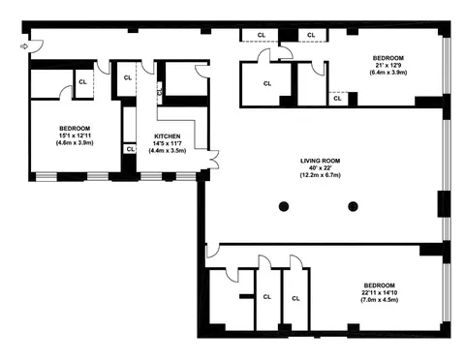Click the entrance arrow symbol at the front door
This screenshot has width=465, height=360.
(23, 46)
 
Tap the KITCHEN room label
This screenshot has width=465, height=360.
(168, 136)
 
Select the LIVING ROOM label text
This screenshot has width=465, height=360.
(321, 161)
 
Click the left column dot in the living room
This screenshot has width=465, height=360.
(284, 206)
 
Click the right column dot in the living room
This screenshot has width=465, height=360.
(353, 206)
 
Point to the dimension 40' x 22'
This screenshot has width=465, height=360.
(321, 168)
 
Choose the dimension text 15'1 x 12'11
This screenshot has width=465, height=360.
(75, 135)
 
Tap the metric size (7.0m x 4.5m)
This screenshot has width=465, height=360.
(380, 300)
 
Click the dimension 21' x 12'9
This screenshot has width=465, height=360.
(388, 65)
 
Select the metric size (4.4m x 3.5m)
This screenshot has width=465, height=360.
(168, 150)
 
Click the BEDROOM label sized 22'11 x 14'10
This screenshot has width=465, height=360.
(380, 285)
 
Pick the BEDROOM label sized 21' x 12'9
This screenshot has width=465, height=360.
(388, 58)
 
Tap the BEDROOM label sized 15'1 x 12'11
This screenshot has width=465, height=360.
(75, 129)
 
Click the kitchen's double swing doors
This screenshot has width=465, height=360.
(214, 160)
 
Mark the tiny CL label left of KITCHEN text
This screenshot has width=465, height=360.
(131, 149)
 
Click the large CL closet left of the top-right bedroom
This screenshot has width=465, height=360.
(267, 83)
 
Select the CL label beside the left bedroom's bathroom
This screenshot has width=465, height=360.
(82, 82)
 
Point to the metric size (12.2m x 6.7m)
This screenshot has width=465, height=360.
(321, 175)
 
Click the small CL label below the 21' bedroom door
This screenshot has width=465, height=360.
(337, 99)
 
